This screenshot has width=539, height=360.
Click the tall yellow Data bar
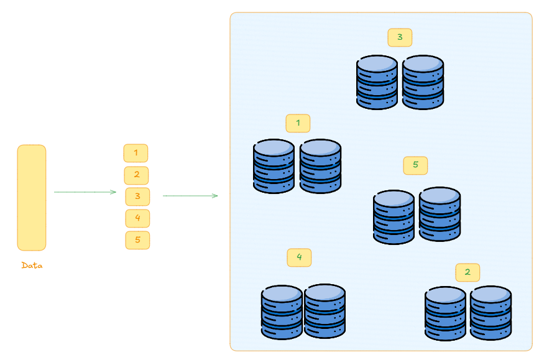(32, 198)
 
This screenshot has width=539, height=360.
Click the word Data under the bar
(32, 265)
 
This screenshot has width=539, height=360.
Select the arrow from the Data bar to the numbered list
(85, 192)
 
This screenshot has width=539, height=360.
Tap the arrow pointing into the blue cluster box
(190, 196)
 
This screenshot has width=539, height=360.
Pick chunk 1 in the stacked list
(136, 153)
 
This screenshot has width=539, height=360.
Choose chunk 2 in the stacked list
(137, 175)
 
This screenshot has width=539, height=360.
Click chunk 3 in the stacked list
(137, 196)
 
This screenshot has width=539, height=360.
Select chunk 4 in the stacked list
(137, 218)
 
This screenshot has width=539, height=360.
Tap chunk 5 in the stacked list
(137, 240)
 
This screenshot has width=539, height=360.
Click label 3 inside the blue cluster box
(400, 37)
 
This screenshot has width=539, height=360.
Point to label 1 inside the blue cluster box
(298, 123)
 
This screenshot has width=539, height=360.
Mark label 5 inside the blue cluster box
(415, 165)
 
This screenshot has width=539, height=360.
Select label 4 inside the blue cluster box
(299, 257)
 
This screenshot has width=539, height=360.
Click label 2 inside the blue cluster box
(468, 272)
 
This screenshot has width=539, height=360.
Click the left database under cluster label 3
(377, 83)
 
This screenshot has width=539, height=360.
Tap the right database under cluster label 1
(320, 167)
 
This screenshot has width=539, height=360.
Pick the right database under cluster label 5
(440, 215)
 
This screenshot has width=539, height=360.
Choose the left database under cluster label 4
(282, 313)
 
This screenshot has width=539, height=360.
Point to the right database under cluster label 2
(491, 313)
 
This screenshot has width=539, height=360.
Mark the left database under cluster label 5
(394, 218)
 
